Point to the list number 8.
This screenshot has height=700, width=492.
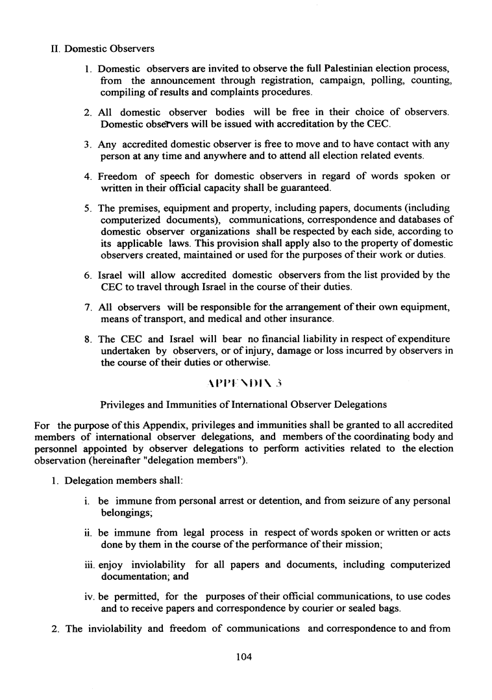coord(87,339)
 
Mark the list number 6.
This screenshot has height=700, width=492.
coord(87,275)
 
